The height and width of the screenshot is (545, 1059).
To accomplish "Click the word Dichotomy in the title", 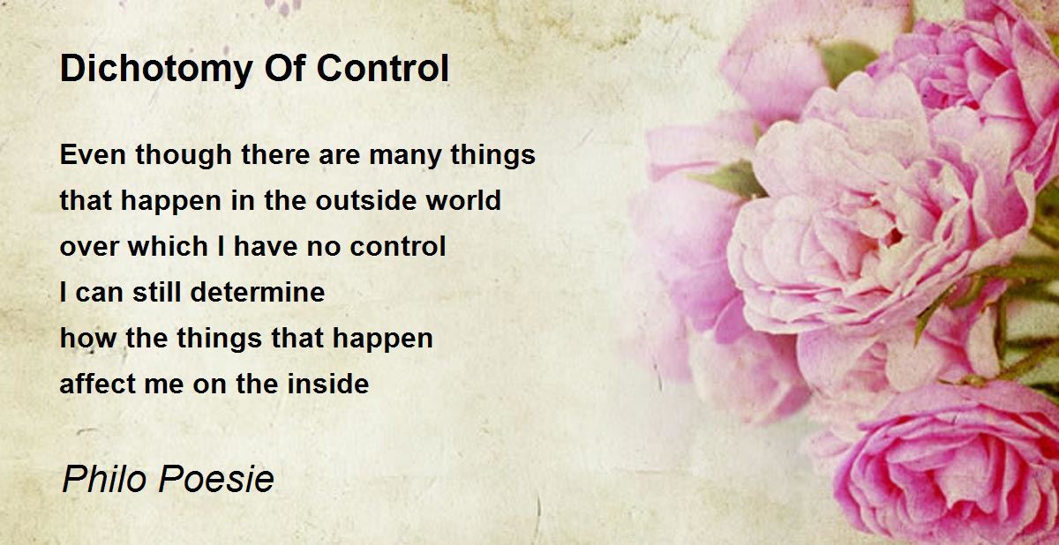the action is [156, 70].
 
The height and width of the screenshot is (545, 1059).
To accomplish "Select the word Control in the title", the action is [383, 68].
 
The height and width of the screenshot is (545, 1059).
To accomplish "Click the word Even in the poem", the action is [93, 154].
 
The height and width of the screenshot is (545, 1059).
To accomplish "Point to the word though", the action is [184, 156].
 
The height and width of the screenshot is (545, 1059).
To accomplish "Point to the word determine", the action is [258, 292].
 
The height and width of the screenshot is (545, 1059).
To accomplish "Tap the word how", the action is [88, 338].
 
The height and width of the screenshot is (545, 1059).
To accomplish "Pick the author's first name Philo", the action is [103, 479].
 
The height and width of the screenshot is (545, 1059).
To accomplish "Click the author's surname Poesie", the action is [216, 479].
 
